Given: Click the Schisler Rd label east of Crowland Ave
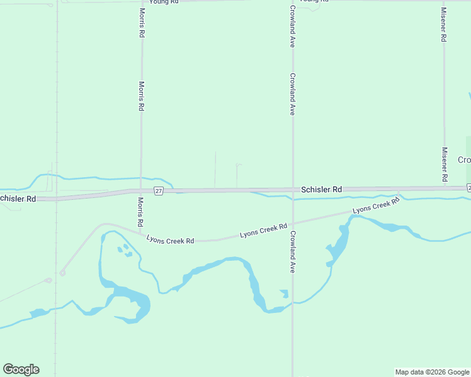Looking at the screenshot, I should pyautogui.click(x=321, y=189).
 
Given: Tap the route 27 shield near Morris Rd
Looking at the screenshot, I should pyautogui.click(x=159, y=191).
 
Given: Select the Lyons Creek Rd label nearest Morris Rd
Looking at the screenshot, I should pyautogui.click(x=170, y=240).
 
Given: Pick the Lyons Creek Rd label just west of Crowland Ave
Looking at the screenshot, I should pyautogui.click(x=263, y=230).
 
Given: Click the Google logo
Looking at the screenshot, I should pyautogui.click(x=21, y=369).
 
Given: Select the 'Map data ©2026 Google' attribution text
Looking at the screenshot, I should pyautogui.click(x=432, y=372).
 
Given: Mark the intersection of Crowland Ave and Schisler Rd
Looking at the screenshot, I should pyautogui.click(x=293, y=190).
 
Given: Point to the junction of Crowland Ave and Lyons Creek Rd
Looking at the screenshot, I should pyautogui.click(x=293, y=222).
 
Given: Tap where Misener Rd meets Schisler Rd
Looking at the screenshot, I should pyautogui.click(x=445, y=188).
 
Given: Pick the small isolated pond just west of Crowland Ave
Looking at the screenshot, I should pyautogui.click(x=285, y=293).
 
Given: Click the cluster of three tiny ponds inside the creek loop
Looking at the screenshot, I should pyautogui.click(x=125, y=250).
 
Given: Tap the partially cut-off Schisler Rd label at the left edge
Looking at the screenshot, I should pyautogui.click(x=18, y=199).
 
